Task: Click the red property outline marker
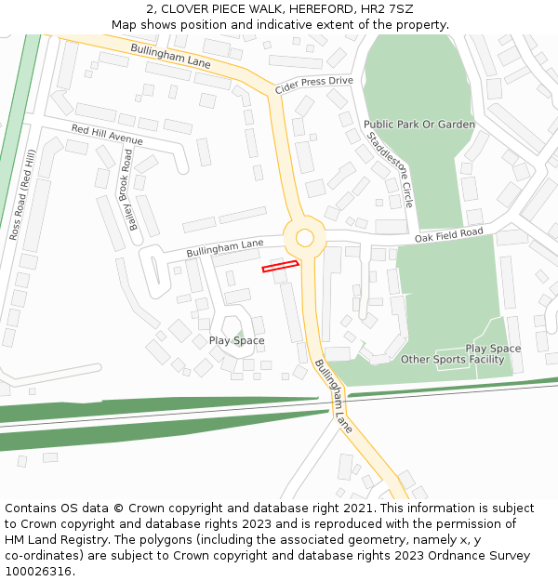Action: click(x=280, y=267)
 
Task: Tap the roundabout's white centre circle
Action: click(x=304, y=238)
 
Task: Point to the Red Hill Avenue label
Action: click(x=107, y=134)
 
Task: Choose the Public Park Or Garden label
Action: click(x=418, y=125)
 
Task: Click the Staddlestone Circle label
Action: click(x=391, y=168)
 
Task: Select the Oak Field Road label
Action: click(x=449, y=236)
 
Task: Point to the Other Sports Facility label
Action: click(x=452, y=359)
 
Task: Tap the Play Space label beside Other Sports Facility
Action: click(x=493, y=349)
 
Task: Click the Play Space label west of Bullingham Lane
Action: click(x=236, y=340)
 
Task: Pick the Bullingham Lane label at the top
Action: click(x=171, y=55)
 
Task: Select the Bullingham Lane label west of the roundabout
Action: click(x=225, y=248)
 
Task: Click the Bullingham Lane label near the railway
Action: click(x=333, y=396)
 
